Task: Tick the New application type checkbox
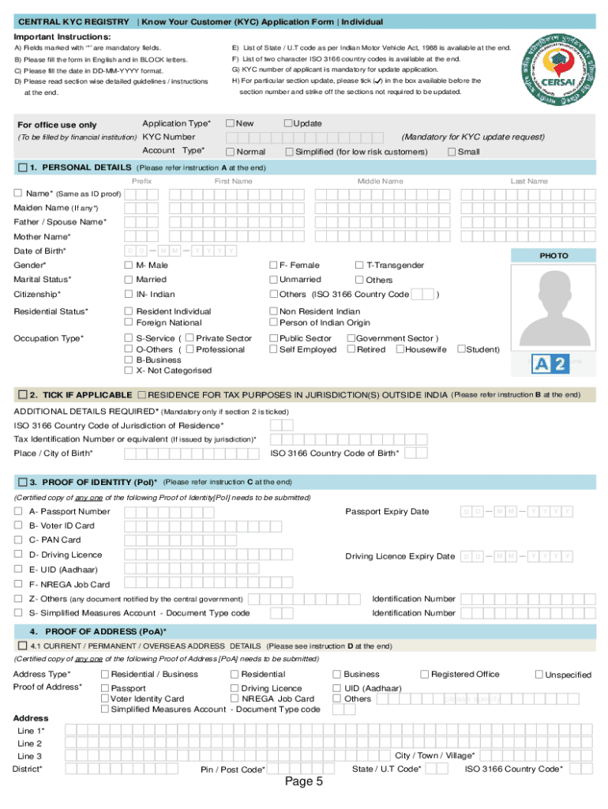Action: pyautogui.click(x=231, y=123)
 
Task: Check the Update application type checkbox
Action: pyautogui.click(x=287, y=123)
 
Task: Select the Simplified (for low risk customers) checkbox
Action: pyautogui.click(x=289, y=152)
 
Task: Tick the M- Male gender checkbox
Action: pyautogui.click(x=129, y=265)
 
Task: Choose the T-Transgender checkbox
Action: pyautogui.click(x=359, y=265)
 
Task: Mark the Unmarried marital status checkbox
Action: pyautogui.click(x=273, y=280)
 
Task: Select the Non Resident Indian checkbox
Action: pyautogui.click(x=273, y=311)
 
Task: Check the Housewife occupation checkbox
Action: pyautogui.click(x=400, y=349)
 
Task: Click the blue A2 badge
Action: pyautogui.click(x=549, y=363)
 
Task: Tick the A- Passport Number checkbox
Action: pyautogui.click(x=18, y=511)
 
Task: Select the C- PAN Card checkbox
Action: pyautogui.click(x=18, y=540)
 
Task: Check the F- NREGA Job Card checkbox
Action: pyautogui.click(x=18, y=585)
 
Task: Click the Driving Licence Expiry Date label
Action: pyautogui.click(x=400, y=556)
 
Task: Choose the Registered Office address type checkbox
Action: pyautogui.click(x=425, y=674)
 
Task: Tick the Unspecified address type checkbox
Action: pyautogui.click(x=539, y=675)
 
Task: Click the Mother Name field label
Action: pyautogui.click(x=42, y=237)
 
